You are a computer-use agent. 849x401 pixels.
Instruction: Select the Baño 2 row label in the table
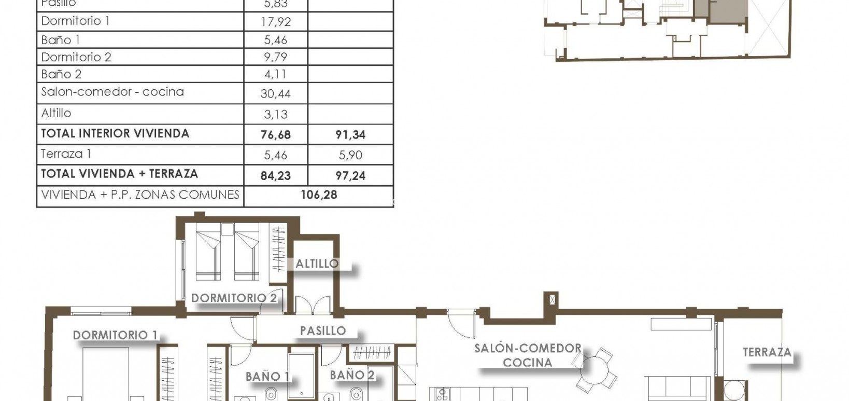click(x=61, y=74)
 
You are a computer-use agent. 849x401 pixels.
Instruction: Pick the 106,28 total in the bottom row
click(x=319, y=195)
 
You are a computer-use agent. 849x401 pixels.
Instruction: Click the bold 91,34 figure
click(x=350, y=135)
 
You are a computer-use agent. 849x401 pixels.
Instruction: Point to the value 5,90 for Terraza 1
click(x=350, y=155)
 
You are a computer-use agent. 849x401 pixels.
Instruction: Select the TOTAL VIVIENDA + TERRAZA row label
click(x=119, y=174)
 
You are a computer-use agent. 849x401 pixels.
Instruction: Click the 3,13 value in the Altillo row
click(x=276, y=115)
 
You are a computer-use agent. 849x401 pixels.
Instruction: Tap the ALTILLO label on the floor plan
click(x=317, y=264)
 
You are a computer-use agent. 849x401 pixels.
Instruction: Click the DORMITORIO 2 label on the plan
click(x=234, y=298)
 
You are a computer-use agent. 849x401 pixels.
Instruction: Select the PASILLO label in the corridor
click(x=323, y=330)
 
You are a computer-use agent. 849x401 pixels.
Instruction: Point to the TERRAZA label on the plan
click(x=767, y=352)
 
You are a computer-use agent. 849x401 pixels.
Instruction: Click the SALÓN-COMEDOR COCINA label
click(x=528, y=355)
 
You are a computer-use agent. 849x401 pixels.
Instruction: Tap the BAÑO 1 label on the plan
click(x=267, y=376)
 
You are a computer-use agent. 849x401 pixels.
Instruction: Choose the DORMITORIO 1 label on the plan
click(x=115, y=335)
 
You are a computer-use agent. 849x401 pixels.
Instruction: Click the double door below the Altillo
click(x=313, y=305)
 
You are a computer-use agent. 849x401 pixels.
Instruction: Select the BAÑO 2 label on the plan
click(x=352, y=375)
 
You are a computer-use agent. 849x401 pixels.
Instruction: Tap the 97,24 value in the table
click(x=350, y=176)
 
